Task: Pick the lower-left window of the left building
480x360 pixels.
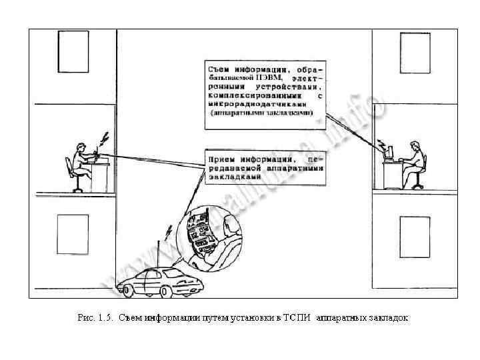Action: [x=72, y=234]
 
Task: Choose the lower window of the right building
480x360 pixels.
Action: [x=415, y=234]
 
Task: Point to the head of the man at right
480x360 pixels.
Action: [x=415, y=146]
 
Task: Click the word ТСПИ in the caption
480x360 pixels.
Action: [x=301, y=318]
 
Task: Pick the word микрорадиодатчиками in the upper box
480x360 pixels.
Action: [x=258, y=105]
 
